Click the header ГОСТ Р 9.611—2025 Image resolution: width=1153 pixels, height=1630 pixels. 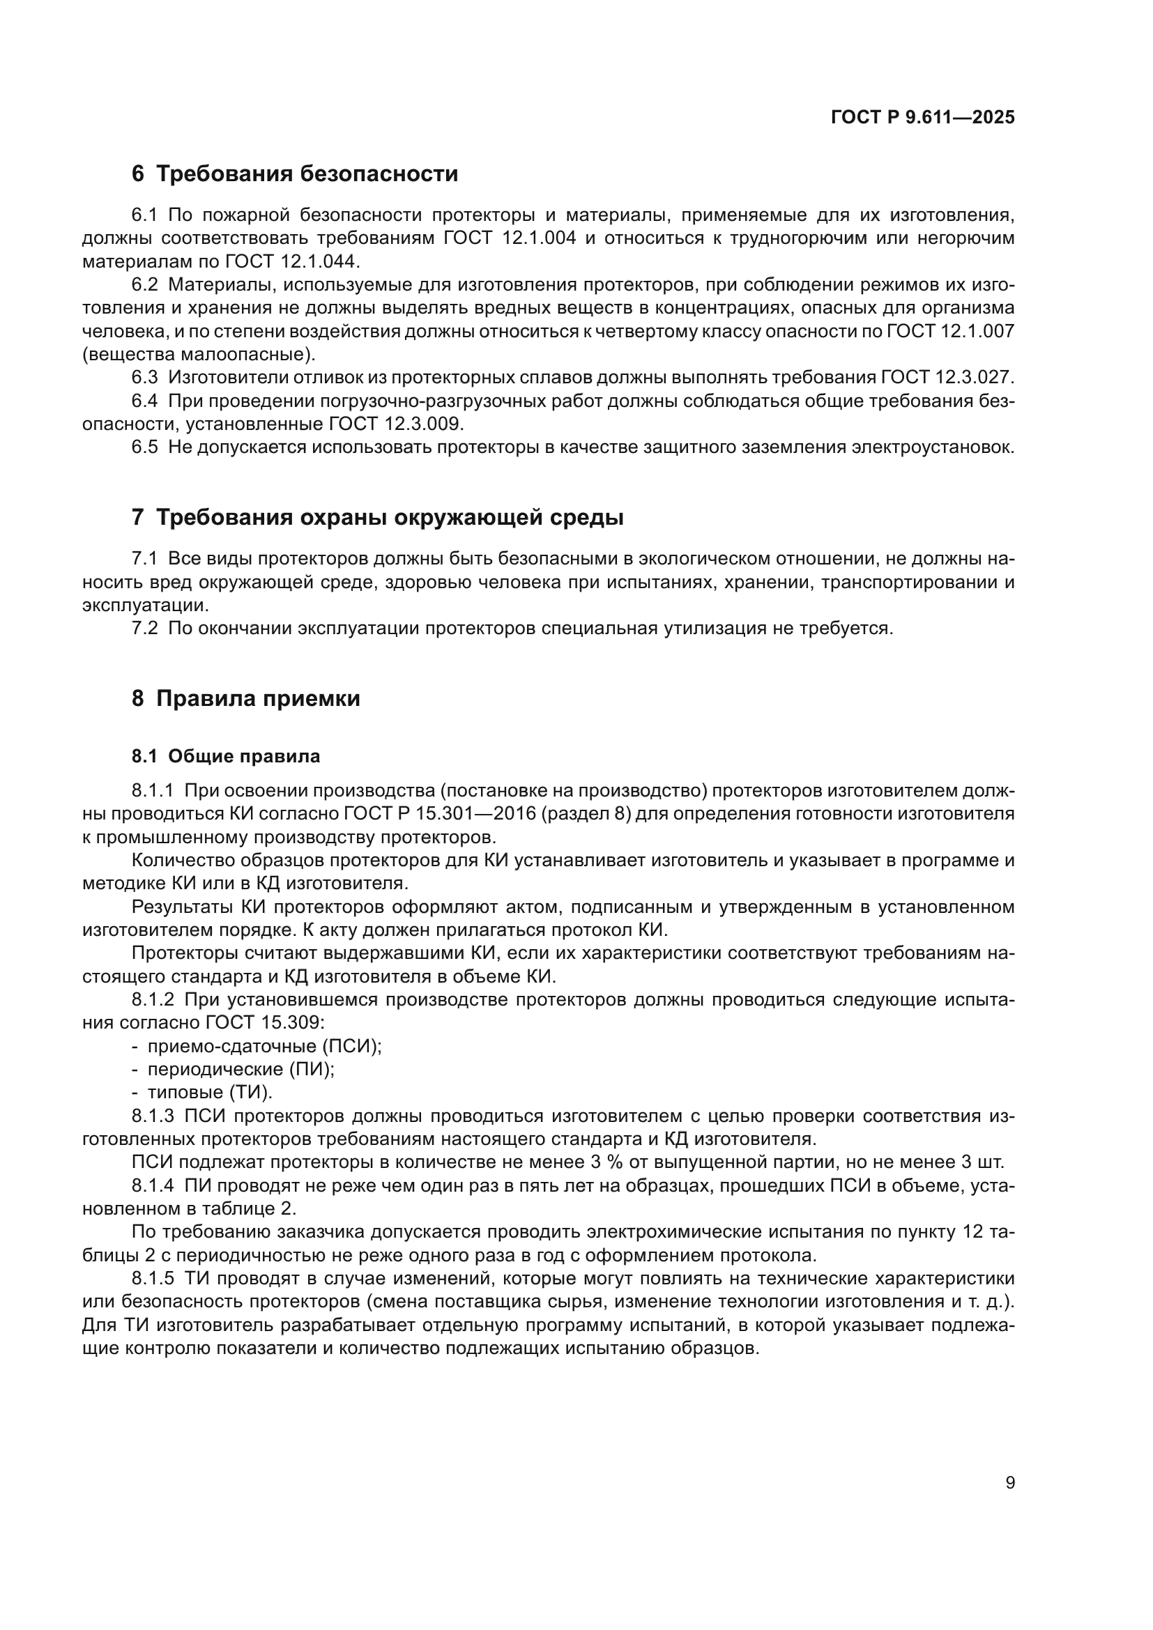click(922, 118)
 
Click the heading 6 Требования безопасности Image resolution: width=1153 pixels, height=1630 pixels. click(295, 174)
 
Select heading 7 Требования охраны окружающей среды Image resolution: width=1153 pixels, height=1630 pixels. click(378, 518)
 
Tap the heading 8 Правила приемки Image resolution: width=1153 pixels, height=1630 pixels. click(245, 698)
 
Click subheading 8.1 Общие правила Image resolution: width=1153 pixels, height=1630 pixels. click(226, 757)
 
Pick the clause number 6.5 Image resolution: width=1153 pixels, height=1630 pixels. click(145, 447)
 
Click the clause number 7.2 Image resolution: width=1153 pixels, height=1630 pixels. click(145, 629)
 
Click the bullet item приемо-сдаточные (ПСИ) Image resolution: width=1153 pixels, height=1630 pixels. click(264, 1047)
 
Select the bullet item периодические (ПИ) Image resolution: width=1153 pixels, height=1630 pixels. click(240, 1069)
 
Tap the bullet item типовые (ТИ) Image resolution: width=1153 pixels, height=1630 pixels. click(209, 1093)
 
